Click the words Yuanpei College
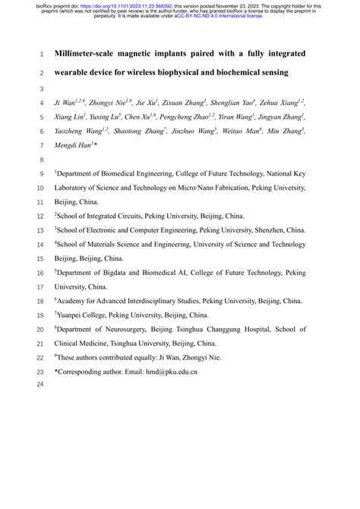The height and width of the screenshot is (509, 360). point(86,315)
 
